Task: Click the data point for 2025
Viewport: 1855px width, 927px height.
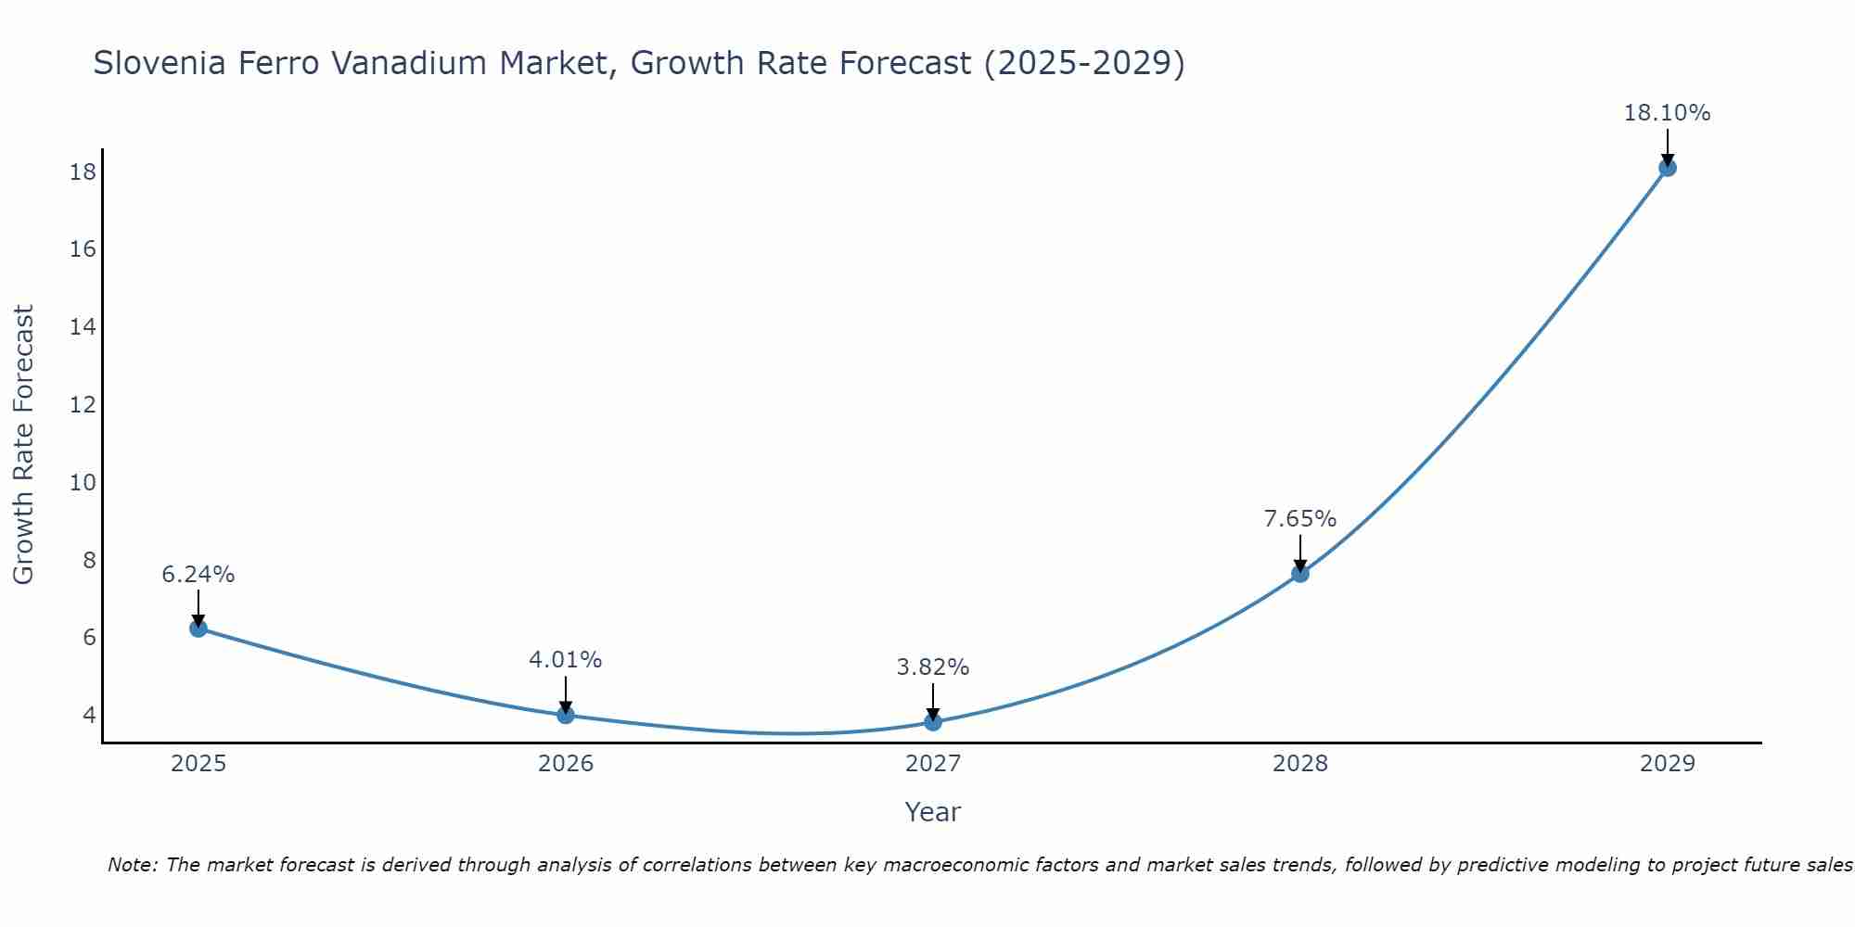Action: (198, 629)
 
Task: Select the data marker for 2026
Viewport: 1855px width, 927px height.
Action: (566, 715)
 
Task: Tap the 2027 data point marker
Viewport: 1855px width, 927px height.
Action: (933, 722)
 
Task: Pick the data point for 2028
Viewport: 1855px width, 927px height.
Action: (1300, 574)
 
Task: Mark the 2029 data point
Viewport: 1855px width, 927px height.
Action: (1668, 168)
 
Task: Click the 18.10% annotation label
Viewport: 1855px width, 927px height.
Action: (1667, 113)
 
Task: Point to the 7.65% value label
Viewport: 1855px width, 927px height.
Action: (1300, 519)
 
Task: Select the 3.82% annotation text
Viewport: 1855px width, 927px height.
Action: (933, 667)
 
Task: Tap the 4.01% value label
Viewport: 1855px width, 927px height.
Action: (566, 660)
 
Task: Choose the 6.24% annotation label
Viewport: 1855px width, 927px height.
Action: (198, 575)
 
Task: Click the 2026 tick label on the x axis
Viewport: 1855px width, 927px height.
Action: (566, 764)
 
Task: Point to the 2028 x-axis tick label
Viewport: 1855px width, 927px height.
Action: (1300, 764)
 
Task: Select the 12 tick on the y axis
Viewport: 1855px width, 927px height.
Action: (83, 405)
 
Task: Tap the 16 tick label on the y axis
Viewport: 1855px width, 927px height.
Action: (83, 249)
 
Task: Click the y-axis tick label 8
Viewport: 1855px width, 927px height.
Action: (89, 560)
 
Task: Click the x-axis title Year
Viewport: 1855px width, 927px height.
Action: (933, 812)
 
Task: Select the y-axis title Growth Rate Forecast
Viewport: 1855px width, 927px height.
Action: (24, 445)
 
